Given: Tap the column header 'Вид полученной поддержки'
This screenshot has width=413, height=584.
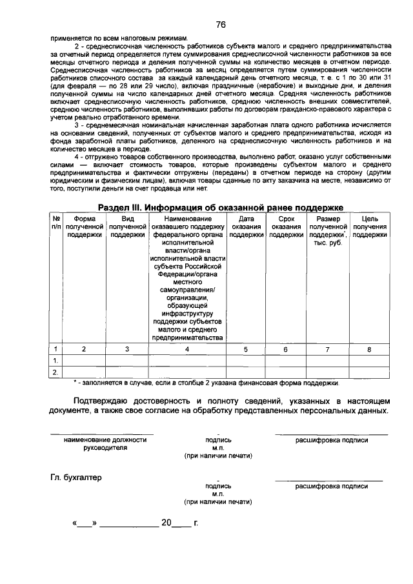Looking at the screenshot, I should pos(127,227).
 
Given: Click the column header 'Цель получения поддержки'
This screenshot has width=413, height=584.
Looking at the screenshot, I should pos(370,227).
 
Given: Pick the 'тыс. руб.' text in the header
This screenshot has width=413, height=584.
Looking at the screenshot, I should pos(327,243).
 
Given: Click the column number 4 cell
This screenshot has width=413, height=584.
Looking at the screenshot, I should pos(188,349).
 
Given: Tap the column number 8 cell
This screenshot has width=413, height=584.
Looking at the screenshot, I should pos(370,349).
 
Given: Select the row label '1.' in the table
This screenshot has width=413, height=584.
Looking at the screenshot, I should pos(56,360).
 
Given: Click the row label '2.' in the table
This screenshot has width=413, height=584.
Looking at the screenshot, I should pos(56,372).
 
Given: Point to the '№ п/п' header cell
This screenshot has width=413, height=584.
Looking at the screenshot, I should pos(56,223).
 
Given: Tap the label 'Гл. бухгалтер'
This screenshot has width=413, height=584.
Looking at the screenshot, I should pos(76,478).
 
